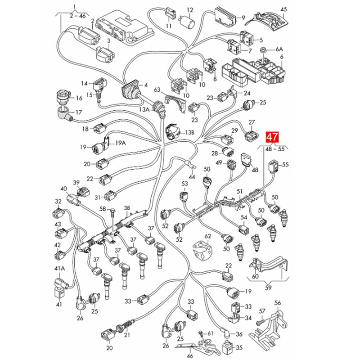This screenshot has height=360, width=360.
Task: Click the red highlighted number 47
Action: (272, 137)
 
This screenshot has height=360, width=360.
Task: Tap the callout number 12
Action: (190, 10)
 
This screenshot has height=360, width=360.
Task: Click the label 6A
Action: (279, 49)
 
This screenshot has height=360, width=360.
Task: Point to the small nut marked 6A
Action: (263, 50)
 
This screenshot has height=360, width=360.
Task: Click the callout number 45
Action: (284, 9)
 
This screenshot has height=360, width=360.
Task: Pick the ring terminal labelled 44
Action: (189, 165)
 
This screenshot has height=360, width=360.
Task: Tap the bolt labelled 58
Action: (113, 213)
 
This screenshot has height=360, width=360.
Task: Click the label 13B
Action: (190, 132)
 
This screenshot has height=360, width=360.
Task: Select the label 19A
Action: (121, 143)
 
